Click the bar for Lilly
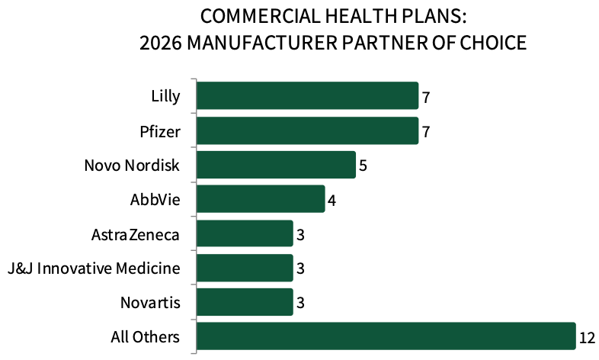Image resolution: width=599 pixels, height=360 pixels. pyautogui.click(x=307, y=97)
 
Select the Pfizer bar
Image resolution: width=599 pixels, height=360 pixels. pyautogui.click(x=307, y=131)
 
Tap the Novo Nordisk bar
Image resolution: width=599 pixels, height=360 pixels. pyautogui.click(x=276, y=166)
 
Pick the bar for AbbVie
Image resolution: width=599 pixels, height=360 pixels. pyautogui.click(x=261, y=200)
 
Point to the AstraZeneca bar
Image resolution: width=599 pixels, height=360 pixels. pyautogui.click(x=245, y=234)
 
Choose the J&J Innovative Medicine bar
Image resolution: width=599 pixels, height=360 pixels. pyautogui.click(x=245, y=268)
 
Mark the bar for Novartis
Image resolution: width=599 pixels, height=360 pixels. pyautogui.click(x=245, y=303)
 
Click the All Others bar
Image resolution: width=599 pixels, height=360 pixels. pyautogui.click(x=386, y=337)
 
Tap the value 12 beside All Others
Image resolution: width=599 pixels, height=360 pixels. pyautogui.click(x=587, y=337)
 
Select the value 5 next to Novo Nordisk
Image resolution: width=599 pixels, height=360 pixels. pyautogui.click(x=364, y=166)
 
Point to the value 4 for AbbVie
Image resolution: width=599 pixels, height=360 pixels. pyautogui.click(x=332, y=200)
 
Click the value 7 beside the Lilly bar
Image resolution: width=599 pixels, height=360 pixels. pyautogui.click(x=427, y=97)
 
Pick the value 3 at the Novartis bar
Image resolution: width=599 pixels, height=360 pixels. pyautogui.click(x=301, y=303)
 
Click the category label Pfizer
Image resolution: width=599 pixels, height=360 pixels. pyautogui.click(x=160, y=131)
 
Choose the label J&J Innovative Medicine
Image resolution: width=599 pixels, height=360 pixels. pyautogui.click(x=93, y=268)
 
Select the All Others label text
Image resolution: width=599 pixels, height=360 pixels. pyautogui.click(x=145, y=337)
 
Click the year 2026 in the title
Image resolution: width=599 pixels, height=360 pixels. pyautogui.click(x=159, y=43)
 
